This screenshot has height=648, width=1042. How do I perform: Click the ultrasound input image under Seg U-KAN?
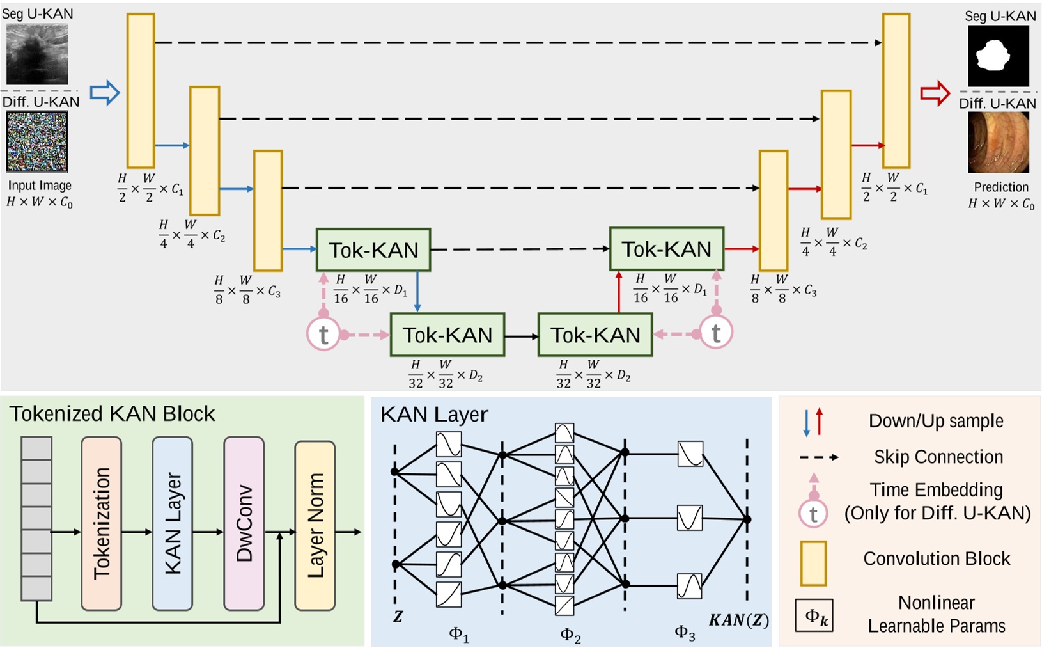click(x=37, y=54)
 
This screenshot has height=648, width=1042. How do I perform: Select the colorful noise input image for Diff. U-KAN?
click(x=37, y=142)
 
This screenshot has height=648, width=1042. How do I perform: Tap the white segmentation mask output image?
click(x=998, y=56)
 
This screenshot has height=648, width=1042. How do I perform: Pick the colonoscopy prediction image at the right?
click(x=998, y=143)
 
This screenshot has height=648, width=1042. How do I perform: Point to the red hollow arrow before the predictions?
click(x=935, y=93)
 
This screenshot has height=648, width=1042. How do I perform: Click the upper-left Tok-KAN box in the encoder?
click(x=373, y=249)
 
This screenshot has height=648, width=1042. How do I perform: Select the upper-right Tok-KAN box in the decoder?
click(x=667, y=249)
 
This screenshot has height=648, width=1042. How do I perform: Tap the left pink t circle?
click(x=323, y=334)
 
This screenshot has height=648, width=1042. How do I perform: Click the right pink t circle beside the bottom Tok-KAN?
click(x=716, y=333)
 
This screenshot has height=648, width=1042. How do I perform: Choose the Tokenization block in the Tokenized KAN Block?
click(x=102, y=523)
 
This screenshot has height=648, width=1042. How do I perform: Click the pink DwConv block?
click(x=244, y=523)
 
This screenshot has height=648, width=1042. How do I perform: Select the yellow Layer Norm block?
click(x=315, y=525)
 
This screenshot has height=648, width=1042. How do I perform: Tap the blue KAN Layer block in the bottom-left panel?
click(x=173, y=523)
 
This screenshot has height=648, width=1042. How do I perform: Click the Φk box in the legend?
click(x=814, y=616)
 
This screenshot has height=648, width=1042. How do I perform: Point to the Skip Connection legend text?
click(x=938, y=457)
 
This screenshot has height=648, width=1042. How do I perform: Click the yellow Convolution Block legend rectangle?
click(x=813, y=563)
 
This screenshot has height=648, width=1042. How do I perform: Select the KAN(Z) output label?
click(x=739, y=620)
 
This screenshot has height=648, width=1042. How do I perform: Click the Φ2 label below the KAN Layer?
click(x=570, y=635)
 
